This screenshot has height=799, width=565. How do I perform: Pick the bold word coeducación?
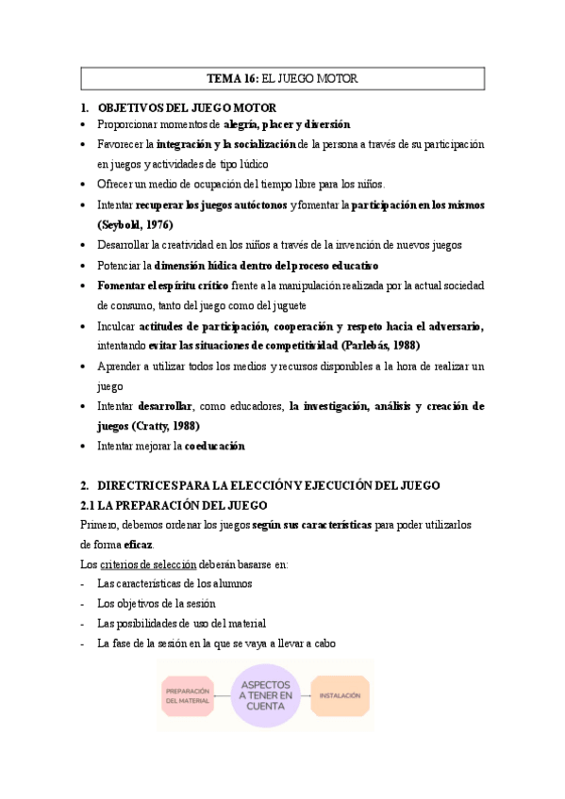(x=214, y=446)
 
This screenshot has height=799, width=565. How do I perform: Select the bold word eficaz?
(x=138, y=545)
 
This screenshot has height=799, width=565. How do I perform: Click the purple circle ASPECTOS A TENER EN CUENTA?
(x=266, y=694)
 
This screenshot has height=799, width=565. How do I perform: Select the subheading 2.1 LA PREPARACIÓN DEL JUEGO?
(x=174, y=505)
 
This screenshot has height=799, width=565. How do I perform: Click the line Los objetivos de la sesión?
(x=157, y=603)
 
